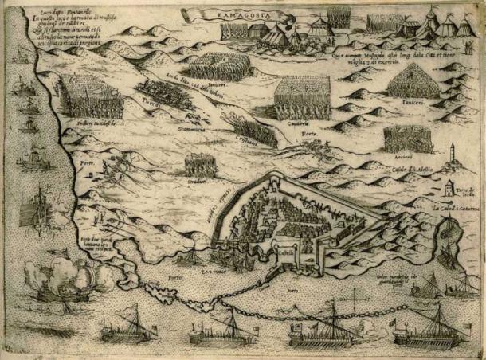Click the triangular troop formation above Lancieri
(x=414, y=81)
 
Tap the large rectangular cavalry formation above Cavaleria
(x=301, y=100)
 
